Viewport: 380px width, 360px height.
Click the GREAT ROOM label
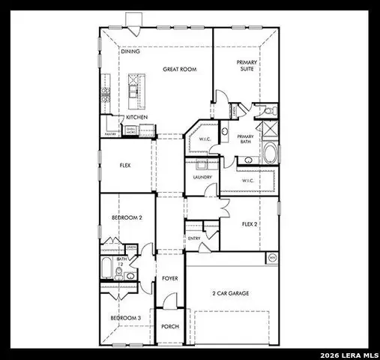pos(179,68)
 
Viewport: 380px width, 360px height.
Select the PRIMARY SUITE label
pos(246,65)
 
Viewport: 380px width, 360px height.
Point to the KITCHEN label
pos(136,117)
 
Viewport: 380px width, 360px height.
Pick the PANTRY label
pos(109,135)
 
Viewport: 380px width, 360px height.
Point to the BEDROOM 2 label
pos(126,217)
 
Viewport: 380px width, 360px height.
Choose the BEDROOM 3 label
pos(125,318)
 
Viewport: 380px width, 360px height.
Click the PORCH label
pos(169,326)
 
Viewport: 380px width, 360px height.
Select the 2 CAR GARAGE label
pos(229,292)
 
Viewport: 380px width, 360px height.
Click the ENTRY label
pos(194,238)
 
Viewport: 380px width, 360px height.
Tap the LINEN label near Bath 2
pos(130,247)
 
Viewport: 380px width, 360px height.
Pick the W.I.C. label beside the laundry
pos(249,181)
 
